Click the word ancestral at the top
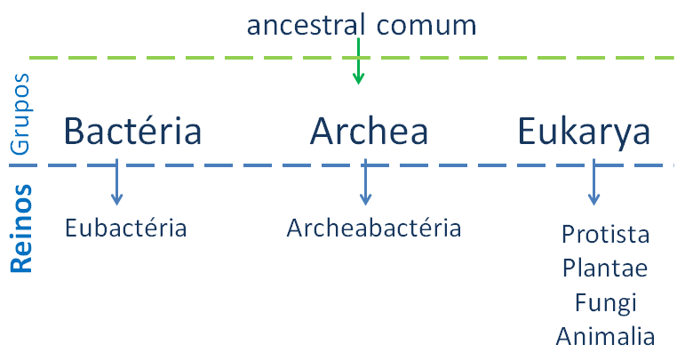(306, 25)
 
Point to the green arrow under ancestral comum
(358, 61)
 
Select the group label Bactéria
(132, 131)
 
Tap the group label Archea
(369, 131)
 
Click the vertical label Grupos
(20, 114)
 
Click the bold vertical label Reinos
(21, 229)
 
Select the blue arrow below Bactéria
(116, 181)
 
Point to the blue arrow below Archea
(365, 181)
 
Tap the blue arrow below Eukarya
(594, 181)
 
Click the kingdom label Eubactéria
(126, 229)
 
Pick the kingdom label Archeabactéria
(374, 229)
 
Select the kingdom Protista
(606, 234)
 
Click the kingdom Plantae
(605, 268)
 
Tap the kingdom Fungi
(606, 303)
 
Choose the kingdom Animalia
(606, 336)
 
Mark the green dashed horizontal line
(352, 58)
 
